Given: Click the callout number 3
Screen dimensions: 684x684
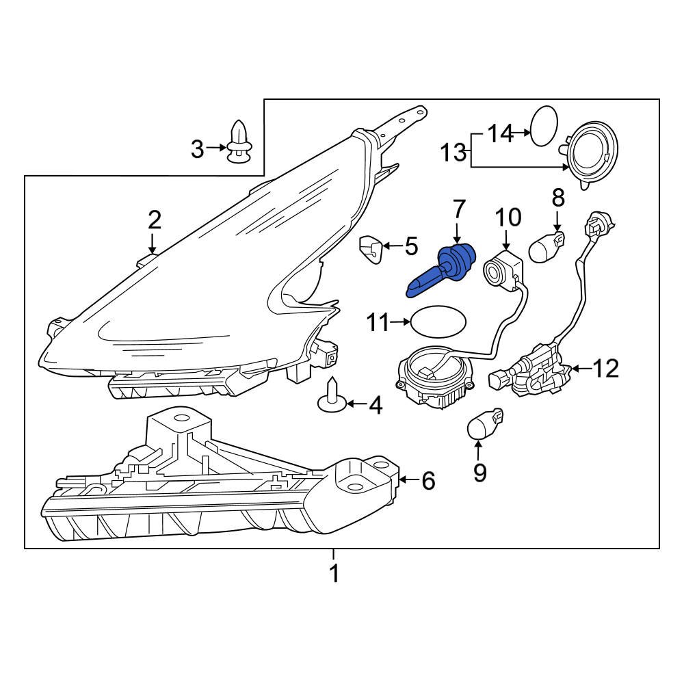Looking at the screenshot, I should click(197, 148).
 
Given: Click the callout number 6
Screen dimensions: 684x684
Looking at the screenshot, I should click(428, 482).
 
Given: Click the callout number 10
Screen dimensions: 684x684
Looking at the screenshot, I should click(508, 218).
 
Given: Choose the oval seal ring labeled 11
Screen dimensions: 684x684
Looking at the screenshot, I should click(438, 321).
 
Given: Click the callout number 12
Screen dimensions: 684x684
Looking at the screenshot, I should click(605, 369).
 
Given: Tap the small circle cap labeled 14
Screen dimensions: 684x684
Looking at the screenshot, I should click(545, 125).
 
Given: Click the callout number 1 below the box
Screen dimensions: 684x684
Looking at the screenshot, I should click(334, 573).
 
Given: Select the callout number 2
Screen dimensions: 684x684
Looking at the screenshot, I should click(155, 220).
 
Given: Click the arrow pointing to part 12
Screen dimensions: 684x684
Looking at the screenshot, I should click(580, 369).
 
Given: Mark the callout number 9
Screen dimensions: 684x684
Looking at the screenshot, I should click(479, 471).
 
